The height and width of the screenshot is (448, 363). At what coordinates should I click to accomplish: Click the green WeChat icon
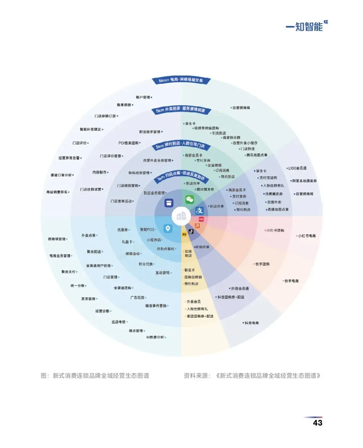pyautogui.click(x=189, y=200)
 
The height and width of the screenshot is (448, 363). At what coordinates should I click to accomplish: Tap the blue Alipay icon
pyautogui.click(x=200, y=211)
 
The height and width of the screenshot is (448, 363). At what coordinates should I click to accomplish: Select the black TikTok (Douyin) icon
pyautogui.click(x=191, y=231)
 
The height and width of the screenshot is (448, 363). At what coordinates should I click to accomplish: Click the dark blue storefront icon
pyautogui.click(x=169, y=203)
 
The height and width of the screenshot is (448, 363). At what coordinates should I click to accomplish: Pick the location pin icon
pyautogui.click(x=167, y=228)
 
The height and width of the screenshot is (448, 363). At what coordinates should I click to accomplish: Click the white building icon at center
pyautogui.click(x=181, y=216)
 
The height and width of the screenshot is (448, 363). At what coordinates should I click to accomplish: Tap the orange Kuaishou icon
pyautogui.click(x=197, y=226)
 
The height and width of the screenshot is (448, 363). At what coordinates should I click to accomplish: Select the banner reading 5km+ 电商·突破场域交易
pyautogui.click(x=181, y=80)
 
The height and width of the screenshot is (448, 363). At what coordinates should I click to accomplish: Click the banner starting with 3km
pyautogui.click(x=180, y=145)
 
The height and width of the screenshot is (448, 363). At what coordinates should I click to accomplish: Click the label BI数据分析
pyautogui.click(x=155, y=337)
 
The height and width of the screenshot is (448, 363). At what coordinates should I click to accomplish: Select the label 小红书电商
pyautogui.click(x=307, y=236)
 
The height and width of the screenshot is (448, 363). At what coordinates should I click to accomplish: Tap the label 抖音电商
pyautogui.click(x=251, y=323)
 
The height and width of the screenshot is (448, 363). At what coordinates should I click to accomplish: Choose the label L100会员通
pyautogui.click(x=297, y=168)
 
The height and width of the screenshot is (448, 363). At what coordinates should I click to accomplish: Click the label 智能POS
pyautogui.click(x=147, y=230)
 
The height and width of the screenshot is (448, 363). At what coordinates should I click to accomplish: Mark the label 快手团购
pyautogui.click(x=262, y=264)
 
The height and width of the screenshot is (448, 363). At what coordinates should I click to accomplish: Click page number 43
pyautogui.click(x=317, y=423)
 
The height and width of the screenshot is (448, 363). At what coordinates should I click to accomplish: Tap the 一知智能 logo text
pyautogui.click(x=304, y=27)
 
